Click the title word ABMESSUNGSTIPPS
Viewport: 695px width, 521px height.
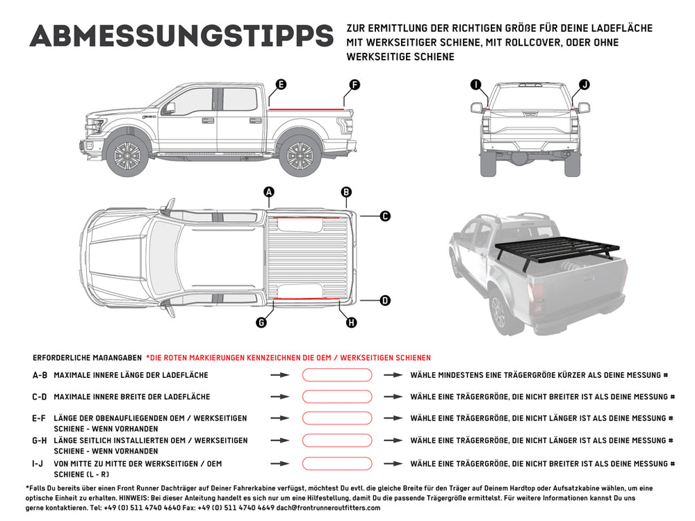(181, 37)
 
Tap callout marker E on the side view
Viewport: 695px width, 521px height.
(281, 85)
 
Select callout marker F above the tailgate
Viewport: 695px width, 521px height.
(354, 85)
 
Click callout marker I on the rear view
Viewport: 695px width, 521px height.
(476, 85)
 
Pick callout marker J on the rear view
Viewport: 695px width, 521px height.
(584, 85)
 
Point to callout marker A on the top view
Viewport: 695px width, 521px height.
(269, 192)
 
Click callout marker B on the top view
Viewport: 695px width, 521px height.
(346, 192)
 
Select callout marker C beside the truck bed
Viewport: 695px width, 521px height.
(384, 216)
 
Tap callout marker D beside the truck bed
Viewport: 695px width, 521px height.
(384, 301)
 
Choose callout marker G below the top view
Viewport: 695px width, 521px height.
(261, 322)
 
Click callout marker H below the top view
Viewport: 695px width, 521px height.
(351, 322)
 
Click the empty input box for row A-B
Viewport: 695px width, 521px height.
(336, 375)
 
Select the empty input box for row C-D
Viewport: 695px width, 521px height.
(336, 397)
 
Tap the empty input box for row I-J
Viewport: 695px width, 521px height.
(336, 463)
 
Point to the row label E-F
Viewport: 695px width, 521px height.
(40, 418)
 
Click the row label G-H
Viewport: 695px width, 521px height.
(40, 440)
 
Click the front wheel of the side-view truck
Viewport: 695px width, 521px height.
(127, 154)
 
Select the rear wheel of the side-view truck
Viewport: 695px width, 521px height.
(300, 154)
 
